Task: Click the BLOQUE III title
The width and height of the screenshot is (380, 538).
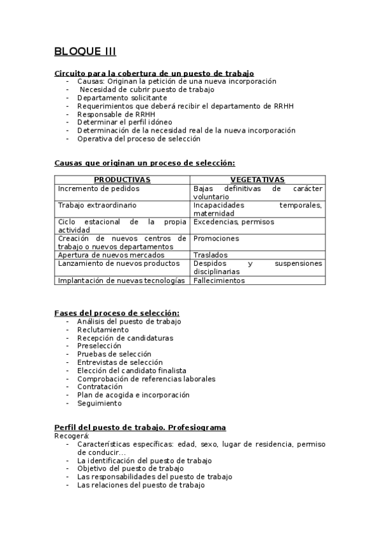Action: pyautogui.click(x=85, y=51)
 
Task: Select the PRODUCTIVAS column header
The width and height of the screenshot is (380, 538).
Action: pyautogui.click(x=122, y=180)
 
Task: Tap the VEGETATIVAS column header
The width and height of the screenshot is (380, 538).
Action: pyautogui.click(x=257, y=180)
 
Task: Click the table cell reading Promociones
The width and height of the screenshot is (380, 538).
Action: pyautogui.click(x=216, y=239)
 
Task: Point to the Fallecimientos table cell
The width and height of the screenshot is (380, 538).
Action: pyautogui.click(x=218, y=280)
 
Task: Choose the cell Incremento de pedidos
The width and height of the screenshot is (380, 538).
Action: pyautogui.click(x=98, y=188)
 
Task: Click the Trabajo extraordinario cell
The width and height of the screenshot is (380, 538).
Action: pyautogui.click(x=97, y=206)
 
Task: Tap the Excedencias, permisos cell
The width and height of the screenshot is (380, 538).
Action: pyautogui.click(x=225, y=222)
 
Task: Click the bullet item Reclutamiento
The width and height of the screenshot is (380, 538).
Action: pyautogui.click(x=103, y=330)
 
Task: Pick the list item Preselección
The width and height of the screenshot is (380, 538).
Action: pyautogui.click(x=99, y=346)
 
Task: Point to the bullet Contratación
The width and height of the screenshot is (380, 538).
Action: pyautogui.click(x=100, y=386)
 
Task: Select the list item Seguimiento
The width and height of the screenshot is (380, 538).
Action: pyautogui.click(x=99, y=403)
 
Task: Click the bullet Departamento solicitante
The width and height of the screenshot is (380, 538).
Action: pyautogui.click(x=122, y=98)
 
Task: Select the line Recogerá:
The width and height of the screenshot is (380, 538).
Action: pyautogui.click(x=72, y=436)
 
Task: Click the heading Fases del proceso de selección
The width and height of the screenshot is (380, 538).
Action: pyautogui.click(x=117, y=313)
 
